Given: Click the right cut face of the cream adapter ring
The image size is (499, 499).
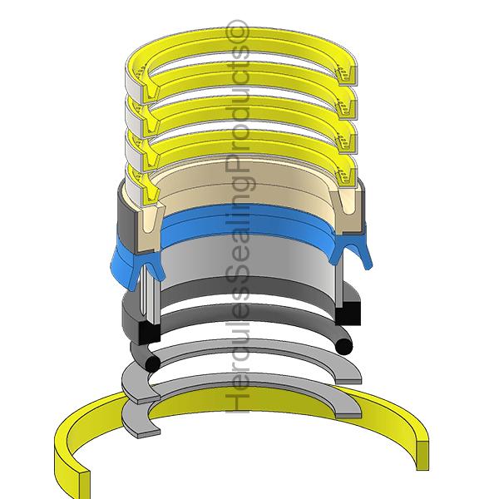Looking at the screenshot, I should (347, 208).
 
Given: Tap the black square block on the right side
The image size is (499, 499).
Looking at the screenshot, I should (350, 313).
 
